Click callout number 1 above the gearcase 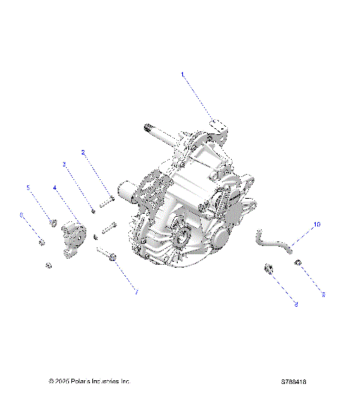181,73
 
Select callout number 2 83,152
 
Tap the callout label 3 64,163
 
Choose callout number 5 29,187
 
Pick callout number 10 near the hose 316,224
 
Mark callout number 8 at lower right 295,304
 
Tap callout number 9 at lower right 323,295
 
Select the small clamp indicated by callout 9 298,262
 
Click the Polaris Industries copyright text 89,381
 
